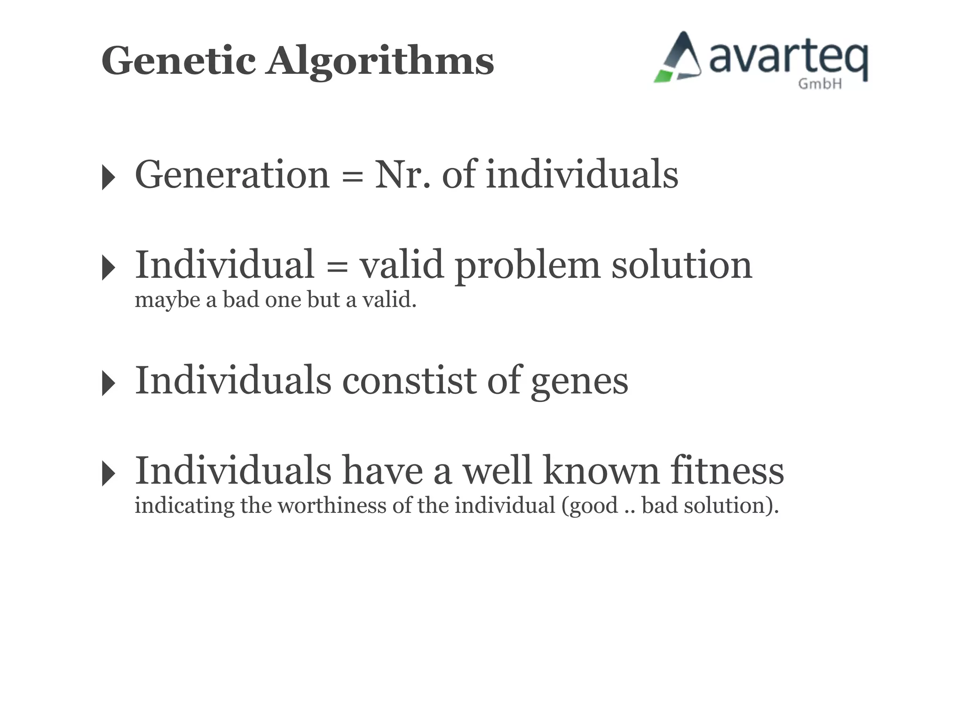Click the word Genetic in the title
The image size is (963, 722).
coord(179,61)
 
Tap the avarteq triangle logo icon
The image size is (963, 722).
coord(679,58)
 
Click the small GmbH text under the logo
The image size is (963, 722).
coord(820,84)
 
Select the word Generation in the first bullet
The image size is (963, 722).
coord(232,175)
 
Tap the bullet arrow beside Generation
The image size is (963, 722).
coord(108,178)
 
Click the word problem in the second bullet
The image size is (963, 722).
coord(527,266)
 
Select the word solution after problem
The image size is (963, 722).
coord(681,265)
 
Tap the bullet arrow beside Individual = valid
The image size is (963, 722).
coord(108,268)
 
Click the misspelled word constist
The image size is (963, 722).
coord(409,381)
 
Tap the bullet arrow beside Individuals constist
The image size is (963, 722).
coord(108,383)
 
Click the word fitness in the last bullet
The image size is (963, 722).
coord(727,471)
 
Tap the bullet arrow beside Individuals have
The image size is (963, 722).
coord(108,473)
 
